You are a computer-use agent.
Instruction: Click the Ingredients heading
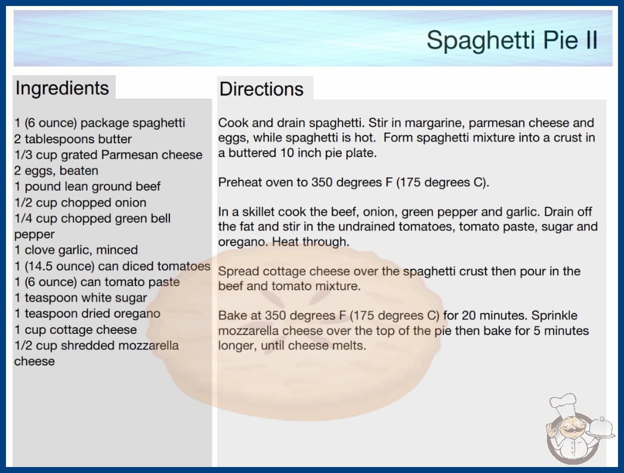coord(62,88)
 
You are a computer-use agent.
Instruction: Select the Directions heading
coord(261,89)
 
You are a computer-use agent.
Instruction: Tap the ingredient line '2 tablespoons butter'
coord(73,139)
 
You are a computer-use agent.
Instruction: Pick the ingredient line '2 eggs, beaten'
coord(56,171)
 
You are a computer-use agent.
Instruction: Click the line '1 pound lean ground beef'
coord(87,186)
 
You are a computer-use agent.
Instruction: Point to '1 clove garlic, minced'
coord(76,250)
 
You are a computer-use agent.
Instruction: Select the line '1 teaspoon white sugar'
coord(81,298)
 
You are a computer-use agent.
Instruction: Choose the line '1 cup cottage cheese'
coord(76,330)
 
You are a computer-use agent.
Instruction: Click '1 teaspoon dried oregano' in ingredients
coord(87,314)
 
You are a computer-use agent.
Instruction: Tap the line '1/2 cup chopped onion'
coord(81,202)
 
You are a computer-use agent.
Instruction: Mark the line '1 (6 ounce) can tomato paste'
coord(97,282)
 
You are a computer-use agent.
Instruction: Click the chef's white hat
coord(563,404)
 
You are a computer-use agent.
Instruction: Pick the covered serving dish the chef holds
coord(601,428)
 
